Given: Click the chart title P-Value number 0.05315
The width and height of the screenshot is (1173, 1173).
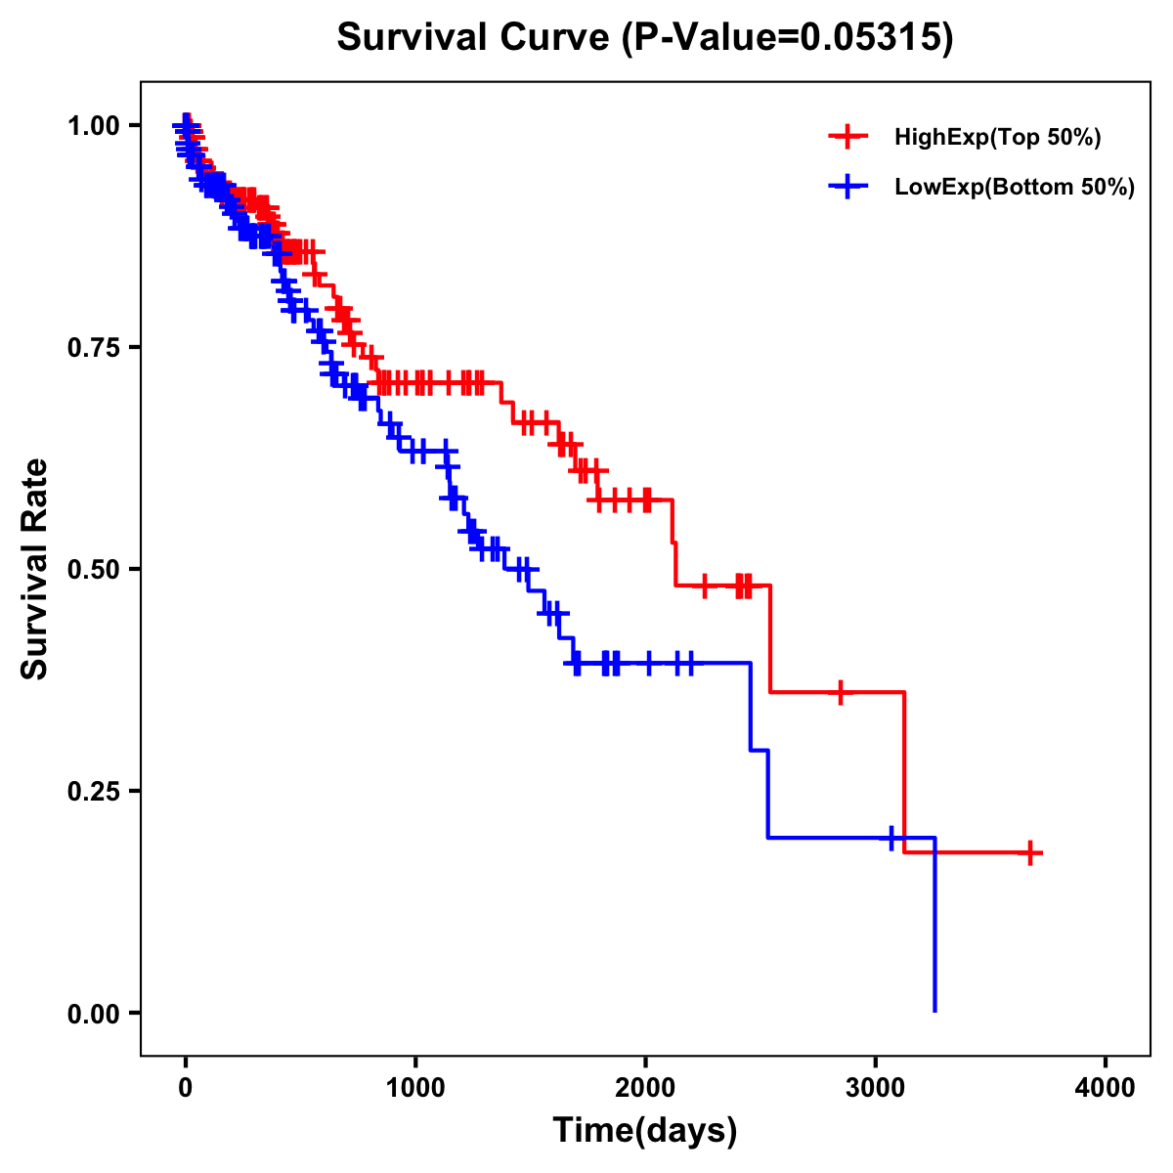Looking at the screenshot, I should [x=871, y=38].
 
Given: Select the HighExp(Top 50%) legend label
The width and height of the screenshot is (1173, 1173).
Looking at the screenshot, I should [x=998, y=138].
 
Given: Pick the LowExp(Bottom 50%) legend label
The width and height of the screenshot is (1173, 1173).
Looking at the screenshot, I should [x=1015, y=188].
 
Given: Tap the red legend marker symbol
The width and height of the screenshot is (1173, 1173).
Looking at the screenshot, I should [x=847, y=138].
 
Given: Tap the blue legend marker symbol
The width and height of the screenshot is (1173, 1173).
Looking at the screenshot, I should [x=847, y=187].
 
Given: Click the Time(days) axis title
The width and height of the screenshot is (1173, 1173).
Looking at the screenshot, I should [x=645, y=1131].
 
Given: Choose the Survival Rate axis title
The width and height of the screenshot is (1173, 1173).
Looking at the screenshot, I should [x=35, y=569].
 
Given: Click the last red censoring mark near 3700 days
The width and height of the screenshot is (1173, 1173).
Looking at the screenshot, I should [x=1029, y=852].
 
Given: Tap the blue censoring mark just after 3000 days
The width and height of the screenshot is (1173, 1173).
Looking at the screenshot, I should [x=891, y=838].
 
